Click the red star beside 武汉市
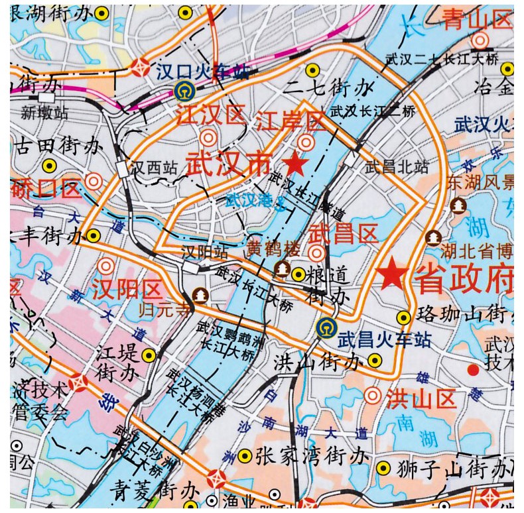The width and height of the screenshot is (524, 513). (x=296, y=162)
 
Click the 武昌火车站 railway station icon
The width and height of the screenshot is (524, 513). (x=325, y=327)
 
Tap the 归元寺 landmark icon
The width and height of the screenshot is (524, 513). (x=199, y=294)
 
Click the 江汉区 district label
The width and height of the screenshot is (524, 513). (x=210, y=115)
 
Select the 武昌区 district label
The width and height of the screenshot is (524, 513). (x=344, y=233)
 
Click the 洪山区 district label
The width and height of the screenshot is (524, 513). (x=422, y=399)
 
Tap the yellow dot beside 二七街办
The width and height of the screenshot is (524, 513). (x=312, y=70)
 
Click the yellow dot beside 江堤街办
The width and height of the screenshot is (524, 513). (x=149, y=355)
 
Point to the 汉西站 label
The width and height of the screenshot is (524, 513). (x=153, y=168)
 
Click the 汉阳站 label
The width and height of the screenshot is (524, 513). (x=205, y=253)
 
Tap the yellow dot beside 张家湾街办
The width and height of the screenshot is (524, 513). (x=245, y=456)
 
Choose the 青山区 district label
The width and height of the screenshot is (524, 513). (x=478, y=19)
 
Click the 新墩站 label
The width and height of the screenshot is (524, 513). (x=44, y=113)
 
